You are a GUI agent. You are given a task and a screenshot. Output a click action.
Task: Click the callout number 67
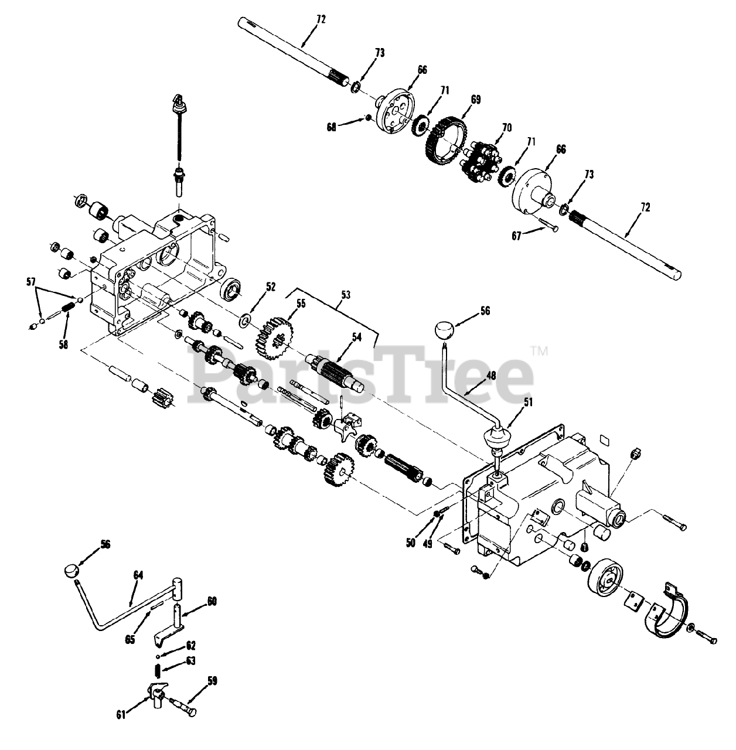(516, 236)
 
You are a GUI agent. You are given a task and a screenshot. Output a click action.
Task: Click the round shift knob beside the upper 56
(446, 332)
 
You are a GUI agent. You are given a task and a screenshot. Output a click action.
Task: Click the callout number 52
(270, 287)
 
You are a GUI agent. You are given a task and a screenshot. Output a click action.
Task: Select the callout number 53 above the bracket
(345, 295)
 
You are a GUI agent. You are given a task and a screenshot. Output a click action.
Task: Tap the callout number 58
(63, 345)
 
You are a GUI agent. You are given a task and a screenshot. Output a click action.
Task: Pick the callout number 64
(138, 575)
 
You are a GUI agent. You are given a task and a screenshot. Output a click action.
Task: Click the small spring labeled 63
(157, 669)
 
